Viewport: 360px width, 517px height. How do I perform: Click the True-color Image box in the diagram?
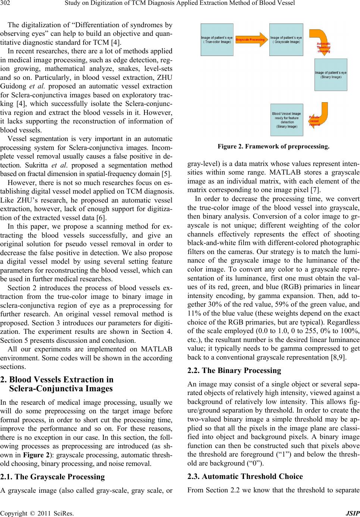tap(217, 40)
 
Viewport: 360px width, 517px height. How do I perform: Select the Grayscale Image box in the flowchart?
tap(286, 40)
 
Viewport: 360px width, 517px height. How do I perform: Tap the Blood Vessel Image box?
tap(286, 120)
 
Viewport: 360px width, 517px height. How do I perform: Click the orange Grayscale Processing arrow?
tap(251, 40)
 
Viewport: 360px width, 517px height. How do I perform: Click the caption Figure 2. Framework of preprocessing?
tap(273, 147)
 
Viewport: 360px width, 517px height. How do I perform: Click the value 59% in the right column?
tap(284, 293)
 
